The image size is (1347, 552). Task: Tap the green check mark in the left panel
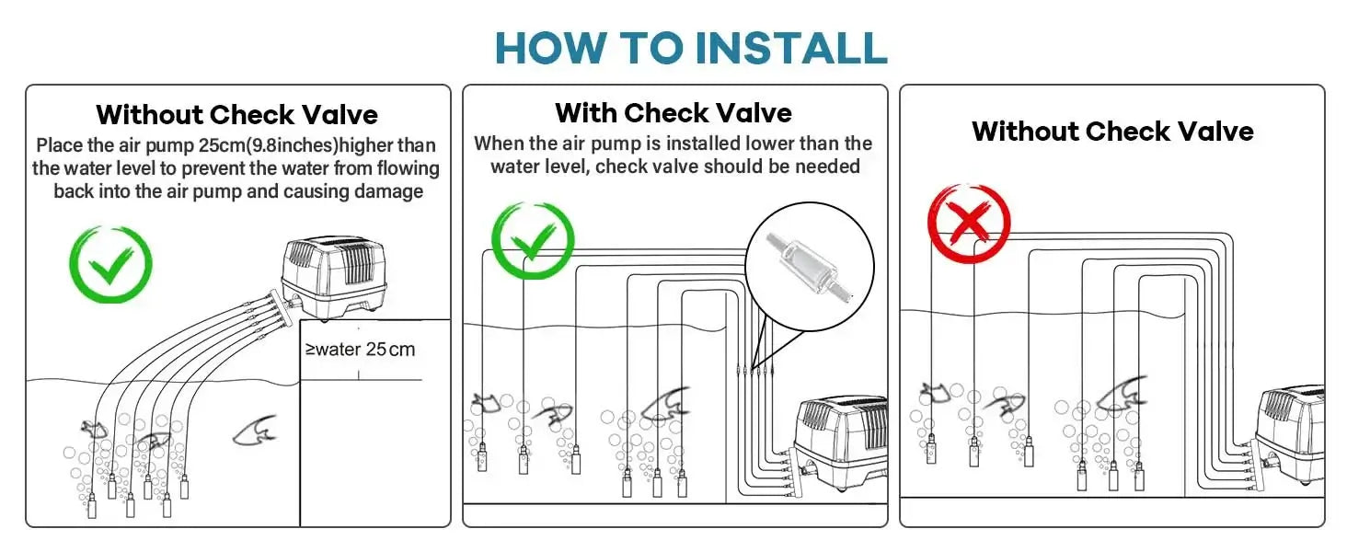pos(110,264)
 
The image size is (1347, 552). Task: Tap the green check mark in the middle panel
pos(533,240)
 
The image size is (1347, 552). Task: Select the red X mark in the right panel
pos(970,223)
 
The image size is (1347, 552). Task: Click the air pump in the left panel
pos(334,278)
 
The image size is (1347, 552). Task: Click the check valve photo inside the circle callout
pos(810,269)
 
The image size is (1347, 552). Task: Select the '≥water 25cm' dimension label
pos(360,350)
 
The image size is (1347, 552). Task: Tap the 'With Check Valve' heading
pos(673,113)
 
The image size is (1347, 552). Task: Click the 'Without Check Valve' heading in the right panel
pos(1112,131)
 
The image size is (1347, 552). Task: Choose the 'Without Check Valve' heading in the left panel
pos(237,114)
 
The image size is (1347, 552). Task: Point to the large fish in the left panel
pos(255,431)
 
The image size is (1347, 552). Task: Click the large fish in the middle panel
pos(666,403)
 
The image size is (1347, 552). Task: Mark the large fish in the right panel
pos(1122,391)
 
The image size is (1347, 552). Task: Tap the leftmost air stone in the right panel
pos(931,450)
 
